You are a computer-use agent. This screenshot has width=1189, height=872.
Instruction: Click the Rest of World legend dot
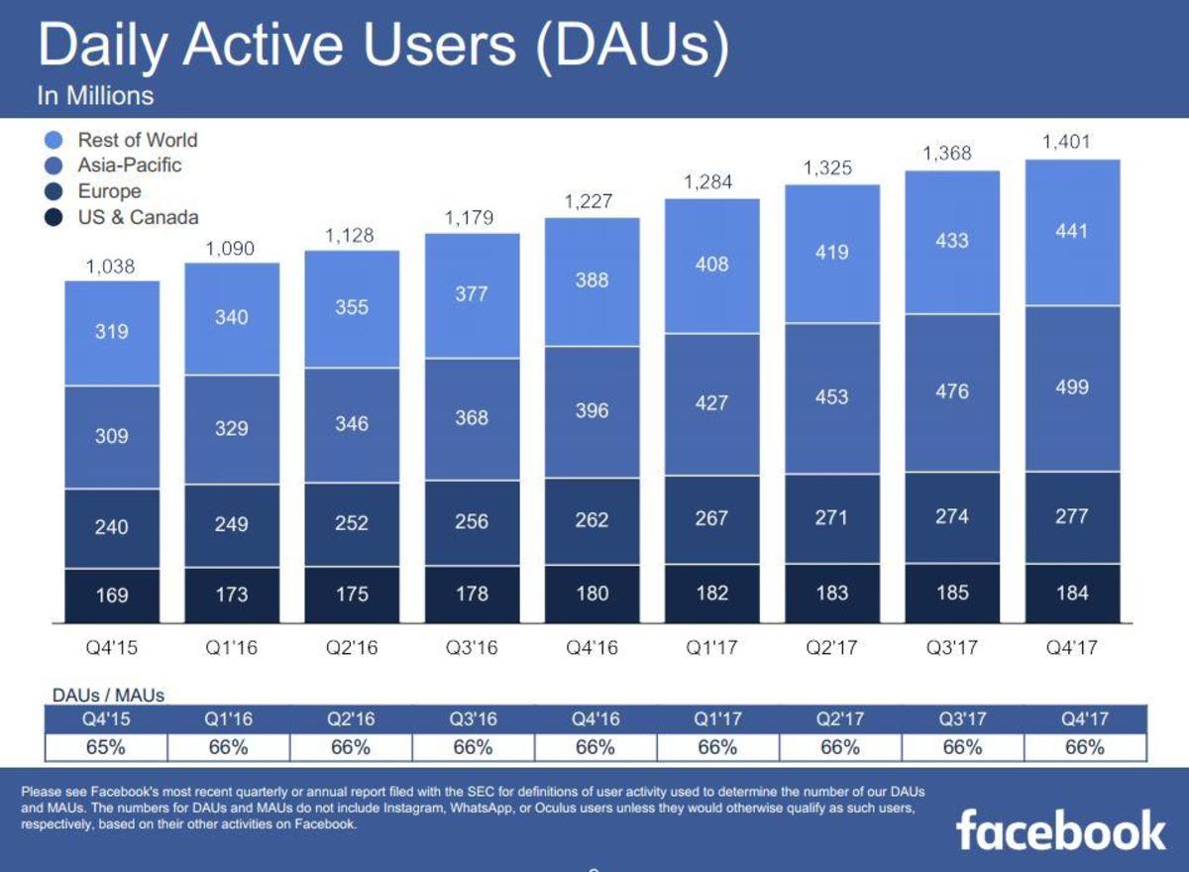pos(55,141)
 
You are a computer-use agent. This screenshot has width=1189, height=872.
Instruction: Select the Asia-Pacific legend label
pos(130,165)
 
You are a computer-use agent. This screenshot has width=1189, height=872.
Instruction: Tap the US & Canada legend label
pos(138,217)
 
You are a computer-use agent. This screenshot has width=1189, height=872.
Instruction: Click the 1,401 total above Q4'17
pos(1066,143)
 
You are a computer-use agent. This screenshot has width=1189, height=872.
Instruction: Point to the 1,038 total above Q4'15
pos(111,267)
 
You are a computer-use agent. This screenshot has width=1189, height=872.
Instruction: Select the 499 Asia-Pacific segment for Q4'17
pos(1072,387)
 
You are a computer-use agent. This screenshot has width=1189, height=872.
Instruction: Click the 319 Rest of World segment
pos(112,332)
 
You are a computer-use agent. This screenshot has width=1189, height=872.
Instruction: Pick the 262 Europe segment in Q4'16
pos(592,519)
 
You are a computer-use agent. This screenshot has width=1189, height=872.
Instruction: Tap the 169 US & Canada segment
pos(112,596)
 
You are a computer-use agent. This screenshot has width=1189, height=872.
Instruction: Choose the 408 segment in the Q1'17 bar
pos(711,265)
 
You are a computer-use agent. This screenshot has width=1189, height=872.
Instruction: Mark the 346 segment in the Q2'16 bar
pos(352,424)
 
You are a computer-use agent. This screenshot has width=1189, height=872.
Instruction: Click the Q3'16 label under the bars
pos(472,650)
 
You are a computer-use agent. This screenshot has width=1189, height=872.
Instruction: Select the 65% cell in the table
pos(106,748)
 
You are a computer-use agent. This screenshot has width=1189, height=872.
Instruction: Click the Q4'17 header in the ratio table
pos(1084,719)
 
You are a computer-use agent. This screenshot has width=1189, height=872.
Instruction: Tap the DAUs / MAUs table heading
pos(108,696)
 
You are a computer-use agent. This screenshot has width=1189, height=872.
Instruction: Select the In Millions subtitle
pos(96,96)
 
